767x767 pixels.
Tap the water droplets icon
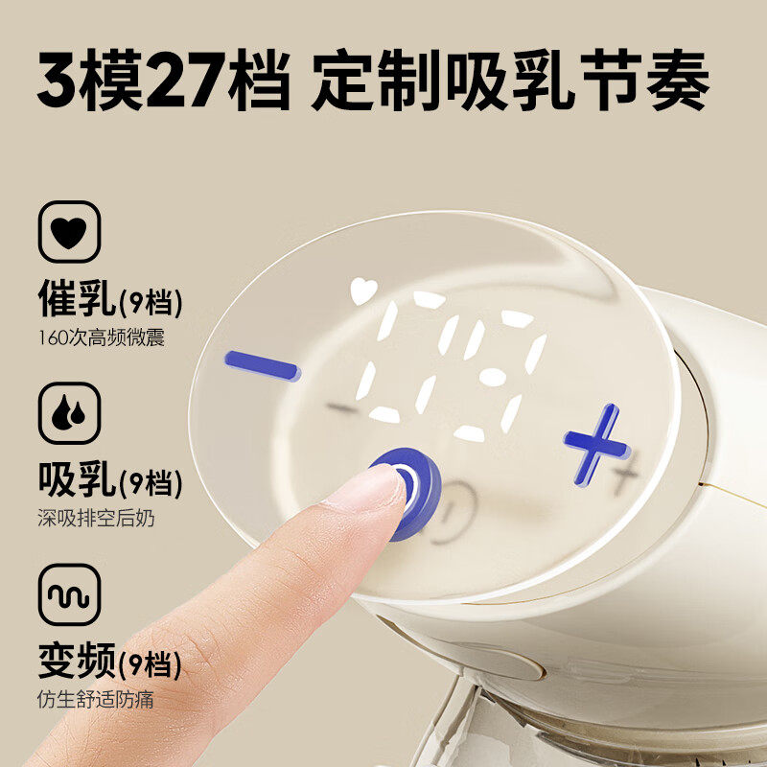pos(69,413)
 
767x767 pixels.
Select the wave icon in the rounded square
pos(69,594)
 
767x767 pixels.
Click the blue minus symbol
pos(263,366)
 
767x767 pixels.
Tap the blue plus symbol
pos(595,444)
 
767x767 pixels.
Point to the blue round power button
pos(408,492)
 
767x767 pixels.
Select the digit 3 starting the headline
pos(58,80)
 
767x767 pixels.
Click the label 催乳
pos(77,298)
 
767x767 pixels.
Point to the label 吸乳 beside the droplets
pos(77,479)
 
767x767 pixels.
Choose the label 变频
pos(77,661)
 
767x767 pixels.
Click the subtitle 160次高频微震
pos(102,338)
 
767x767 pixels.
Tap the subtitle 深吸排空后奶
pos(97,519)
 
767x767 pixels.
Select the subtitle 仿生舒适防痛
pos(96,700)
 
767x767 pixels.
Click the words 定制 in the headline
pos(377,80)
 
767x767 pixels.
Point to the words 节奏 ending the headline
pos(644,80)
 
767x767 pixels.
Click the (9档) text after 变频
pos(150,664)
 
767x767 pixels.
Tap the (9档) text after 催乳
pos(151,302)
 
